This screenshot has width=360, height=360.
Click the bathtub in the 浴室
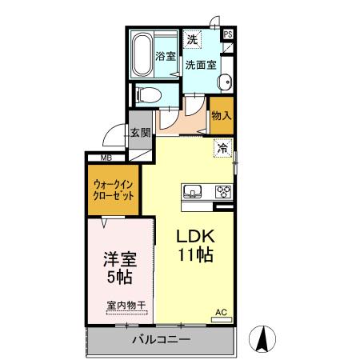click(143, 54)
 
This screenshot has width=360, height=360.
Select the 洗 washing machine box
click(193, 39)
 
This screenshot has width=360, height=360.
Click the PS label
click(228, 34)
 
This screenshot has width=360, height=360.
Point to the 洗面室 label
click(201, 65)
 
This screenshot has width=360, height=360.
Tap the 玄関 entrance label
click(141, 133)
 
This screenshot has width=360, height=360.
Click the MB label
click(107, 158)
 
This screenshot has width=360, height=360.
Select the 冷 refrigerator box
click(222, 147)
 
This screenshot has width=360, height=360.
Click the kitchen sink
click(194, 191)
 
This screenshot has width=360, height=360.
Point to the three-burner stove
click(221, 192)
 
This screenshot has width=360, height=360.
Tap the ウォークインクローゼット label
click(112, 192)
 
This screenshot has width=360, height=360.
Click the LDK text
click(194, 237)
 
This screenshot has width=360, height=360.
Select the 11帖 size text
click(194, 255)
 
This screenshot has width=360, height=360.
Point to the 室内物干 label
click(126, 305)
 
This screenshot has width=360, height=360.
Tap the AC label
click(221, 313)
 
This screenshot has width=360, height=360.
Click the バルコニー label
click(161, 340)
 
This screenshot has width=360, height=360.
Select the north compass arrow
click(262, 338)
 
